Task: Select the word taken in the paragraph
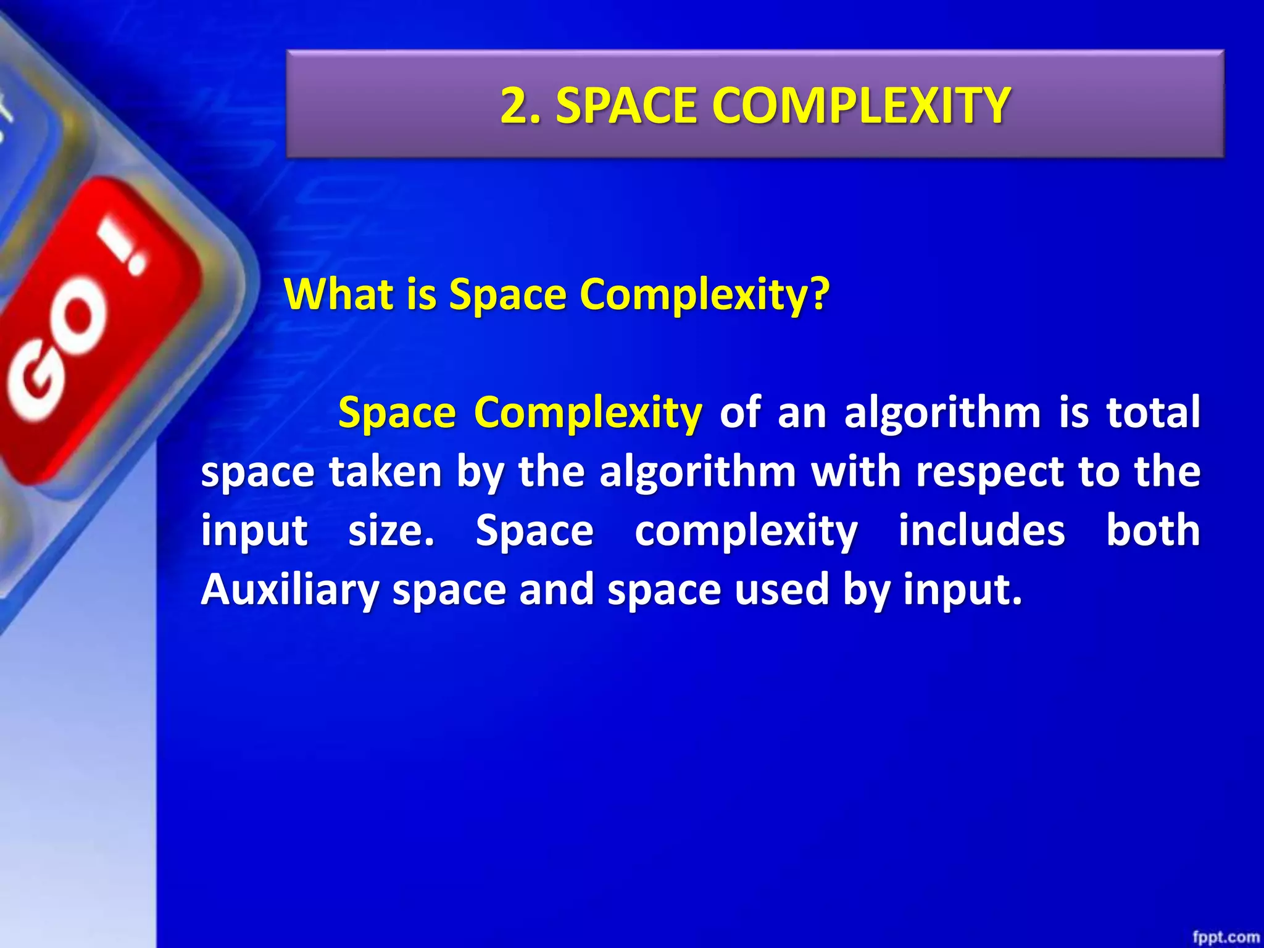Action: (385, 472)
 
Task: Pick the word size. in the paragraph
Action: (391, 531)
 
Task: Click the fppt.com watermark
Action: (1225, 938)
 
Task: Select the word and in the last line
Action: (557, 590)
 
